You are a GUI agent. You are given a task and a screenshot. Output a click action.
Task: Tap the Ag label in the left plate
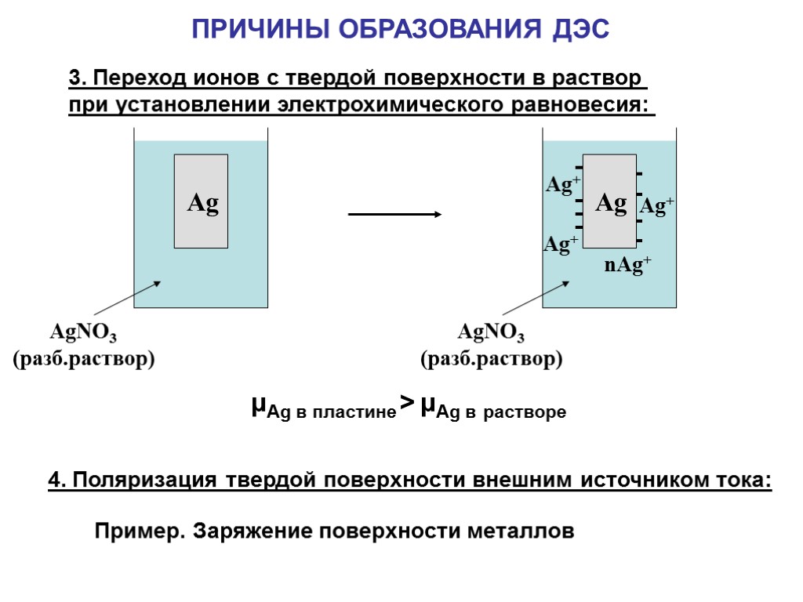(202, 204)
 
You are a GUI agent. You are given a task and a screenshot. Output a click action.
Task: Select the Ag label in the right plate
(611, 204)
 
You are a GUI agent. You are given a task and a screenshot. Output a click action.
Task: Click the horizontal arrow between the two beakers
(394, 214)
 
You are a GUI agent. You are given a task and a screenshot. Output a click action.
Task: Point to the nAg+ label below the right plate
(627, 265)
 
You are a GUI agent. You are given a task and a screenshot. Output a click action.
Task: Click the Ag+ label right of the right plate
(656, 207)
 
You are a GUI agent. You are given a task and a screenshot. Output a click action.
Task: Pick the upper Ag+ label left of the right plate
(563, 186)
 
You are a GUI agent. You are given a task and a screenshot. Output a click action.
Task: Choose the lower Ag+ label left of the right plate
(561, 245)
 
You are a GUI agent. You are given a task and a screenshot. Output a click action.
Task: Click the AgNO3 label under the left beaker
(84, 332)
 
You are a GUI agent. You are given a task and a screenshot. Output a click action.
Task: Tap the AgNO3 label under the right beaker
(491, 332)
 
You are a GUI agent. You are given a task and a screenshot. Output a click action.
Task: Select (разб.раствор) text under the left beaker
(83, 359)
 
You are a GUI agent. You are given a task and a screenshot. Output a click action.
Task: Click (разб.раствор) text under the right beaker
(491, 359)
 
